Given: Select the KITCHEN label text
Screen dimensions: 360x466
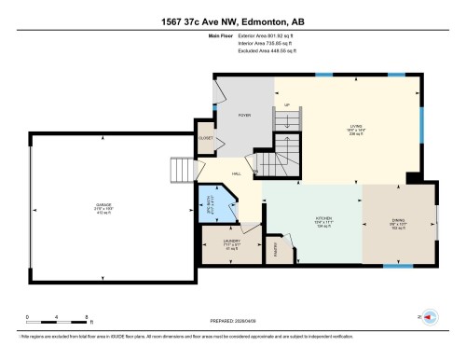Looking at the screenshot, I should click(x=311, y=221).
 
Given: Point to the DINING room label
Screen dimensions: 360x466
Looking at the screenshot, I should click(x=398, y=221).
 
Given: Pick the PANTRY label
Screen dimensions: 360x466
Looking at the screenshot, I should click(x=277, y=249).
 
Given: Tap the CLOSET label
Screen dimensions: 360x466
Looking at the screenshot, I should click(x=207, y=138).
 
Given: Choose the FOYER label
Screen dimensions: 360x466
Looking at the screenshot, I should click(x=244, y=115).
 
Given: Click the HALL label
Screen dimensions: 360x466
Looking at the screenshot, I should click(x=238, y=174).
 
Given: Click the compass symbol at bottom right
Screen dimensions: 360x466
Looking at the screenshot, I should click(x=430, y=317).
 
